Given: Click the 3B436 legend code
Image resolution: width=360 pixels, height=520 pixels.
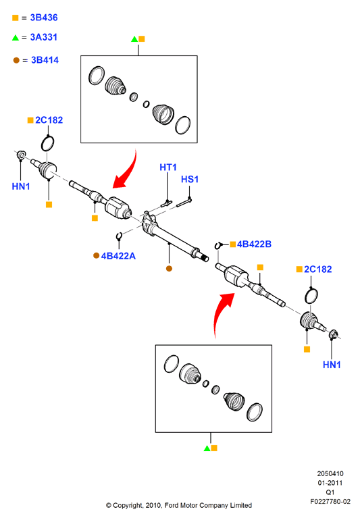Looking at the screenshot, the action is tap(44, 18).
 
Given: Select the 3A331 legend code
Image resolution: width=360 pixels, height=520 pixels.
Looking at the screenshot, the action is tap(44, 37).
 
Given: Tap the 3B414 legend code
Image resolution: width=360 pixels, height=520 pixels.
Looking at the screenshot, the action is tap(45, 60).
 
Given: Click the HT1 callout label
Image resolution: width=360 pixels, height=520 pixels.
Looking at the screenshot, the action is tap(168, 167).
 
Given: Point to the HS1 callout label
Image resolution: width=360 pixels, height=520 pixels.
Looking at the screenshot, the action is tap(190, 179).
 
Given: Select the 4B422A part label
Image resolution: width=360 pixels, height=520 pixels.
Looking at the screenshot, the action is tap(118, 256).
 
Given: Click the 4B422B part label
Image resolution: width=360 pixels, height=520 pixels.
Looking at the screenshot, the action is tap(254, 244).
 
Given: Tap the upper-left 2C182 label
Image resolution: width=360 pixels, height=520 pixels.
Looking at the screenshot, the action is tap(49, 120).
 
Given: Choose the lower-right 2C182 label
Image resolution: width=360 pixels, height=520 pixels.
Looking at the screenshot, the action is tap(318, 269).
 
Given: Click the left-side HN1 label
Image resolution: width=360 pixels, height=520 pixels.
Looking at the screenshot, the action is tap(21, 186).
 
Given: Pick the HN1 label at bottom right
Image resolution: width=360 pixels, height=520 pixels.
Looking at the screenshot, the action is tap(332, 365).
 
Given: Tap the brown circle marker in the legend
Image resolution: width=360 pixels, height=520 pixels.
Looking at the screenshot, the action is tap(16, 60).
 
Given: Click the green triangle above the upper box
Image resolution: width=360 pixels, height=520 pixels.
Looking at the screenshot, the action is tap(134, 39).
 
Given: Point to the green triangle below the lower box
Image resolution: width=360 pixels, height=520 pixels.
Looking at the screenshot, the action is tap(207, 448).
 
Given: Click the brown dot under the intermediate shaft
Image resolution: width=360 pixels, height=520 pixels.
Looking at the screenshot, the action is tap(170, 269).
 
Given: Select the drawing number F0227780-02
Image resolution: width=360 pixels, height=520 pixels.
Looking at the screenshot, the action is tap(330, 501).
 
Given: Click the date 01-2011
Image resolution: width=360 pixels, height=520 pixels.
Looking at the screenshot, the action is tap(330, 483).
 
